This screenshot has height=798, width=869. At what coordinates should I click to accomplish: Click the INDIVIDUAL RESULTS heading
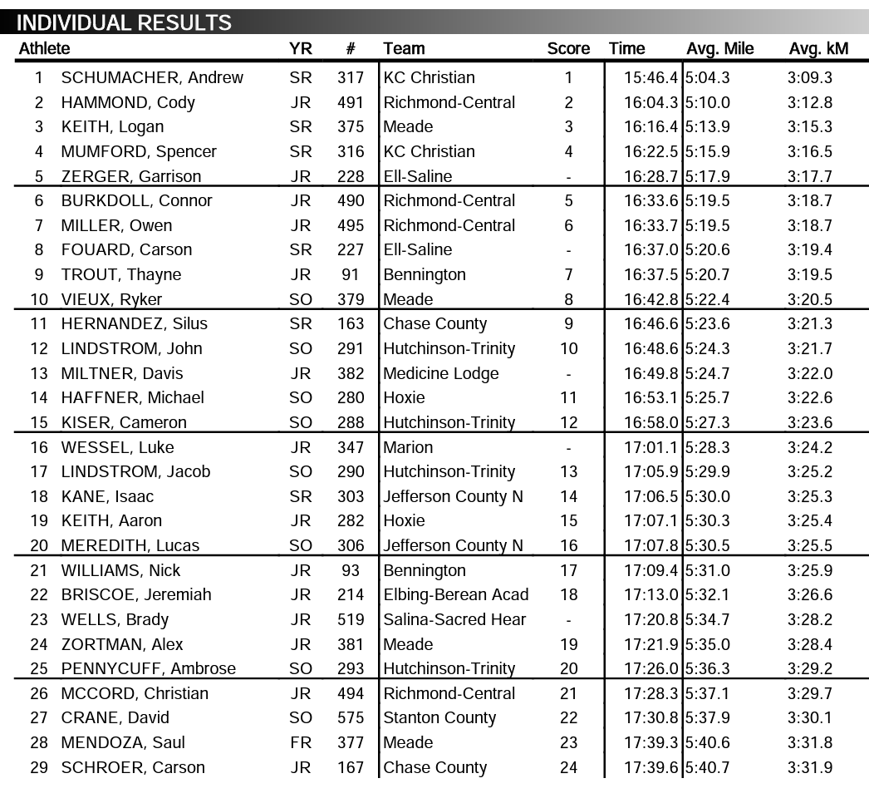click(124, 22)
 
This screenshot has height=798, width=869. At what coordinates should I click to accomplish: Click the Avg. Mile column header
click(719, 49)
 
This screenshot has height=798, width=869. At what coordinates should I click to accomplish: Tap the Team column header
click(404, 49)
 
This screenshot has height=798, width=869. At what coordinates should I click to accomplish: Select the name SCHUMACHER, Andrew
click(152, 78)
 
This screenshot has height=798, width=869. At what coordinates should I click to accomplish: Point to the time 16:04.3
click(651, 103)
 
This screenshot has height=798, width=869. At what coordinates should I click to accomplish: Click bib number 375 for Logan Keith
click(351, 127)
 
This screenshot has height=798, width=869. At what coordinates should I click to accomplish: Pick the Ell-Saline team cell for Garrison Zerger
click(417, 176)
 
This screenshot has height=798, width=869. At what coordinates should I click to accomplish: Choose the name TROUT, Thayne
click(120, 275)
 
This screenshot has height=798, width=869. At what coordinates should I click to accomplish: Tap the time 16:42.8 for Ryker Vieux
click(651, 299)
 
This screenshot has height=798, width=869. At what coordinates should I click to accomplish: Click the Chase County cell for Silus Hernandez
click(434, 324)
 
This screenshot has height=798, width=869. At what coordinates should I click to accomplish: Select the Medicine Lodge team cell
click(440, 373)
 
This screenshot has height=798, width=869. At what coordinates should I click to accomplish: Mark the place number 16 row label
click(39, 447)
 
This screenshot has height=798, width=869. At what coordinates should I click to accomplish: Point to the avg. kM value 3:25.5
click(809, 545)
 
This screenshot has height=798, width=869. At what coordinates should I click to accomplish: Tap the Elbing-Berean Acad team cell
click(455, 595)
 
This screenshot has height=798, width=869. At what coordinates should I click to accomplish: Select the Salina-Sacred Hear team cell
click(454, 619)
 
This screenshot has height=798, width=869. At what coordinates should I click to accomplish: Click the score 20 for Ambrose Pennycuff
click(568, 668)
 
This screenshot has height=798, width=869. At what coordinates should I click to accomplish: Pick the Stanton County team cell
click(439, 718)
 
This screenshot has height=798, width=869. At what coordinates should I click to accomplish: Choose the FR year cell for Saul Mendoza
click(301, 742)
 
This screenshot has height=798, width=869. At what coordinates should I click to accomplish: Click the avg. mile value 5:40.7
click(708, 767)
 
